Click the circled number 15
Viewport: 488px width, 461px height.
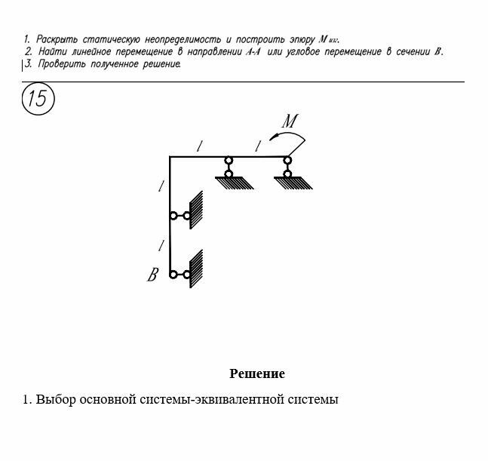pyautogui.click(x=38, y=99)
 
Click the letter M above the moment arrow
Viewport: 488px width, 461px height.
pyautogui.click(x=290, y=120)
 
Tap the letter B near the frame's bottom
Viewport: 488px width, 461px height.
pyautogui.click(x=152, y=275)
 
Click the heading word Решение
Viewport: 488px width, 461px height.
pyautogui.click(x=256, y=373)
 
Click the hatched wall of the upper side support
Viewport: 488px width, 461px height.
pyautogui.click(x=196, y=211)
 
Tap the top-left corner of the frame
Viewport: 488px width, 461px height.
pyautogui.click(x=170, y=157)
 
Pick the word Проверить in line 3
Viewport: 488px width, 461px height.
pyautogui.click(x=59, y=64)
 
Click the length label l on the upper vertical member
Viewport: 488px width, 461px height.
pyautogui.click(x=160, y=186)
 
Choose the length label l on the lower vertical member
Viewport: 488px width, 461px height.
pyautogui.click(x=160, y=244)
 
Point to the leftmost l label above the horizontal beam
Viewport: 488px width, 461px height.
pyautogui.click(x=198, y=146)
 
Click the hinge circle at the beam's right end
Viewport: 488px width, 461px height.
pyautogui.click(x=287, y=159)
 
